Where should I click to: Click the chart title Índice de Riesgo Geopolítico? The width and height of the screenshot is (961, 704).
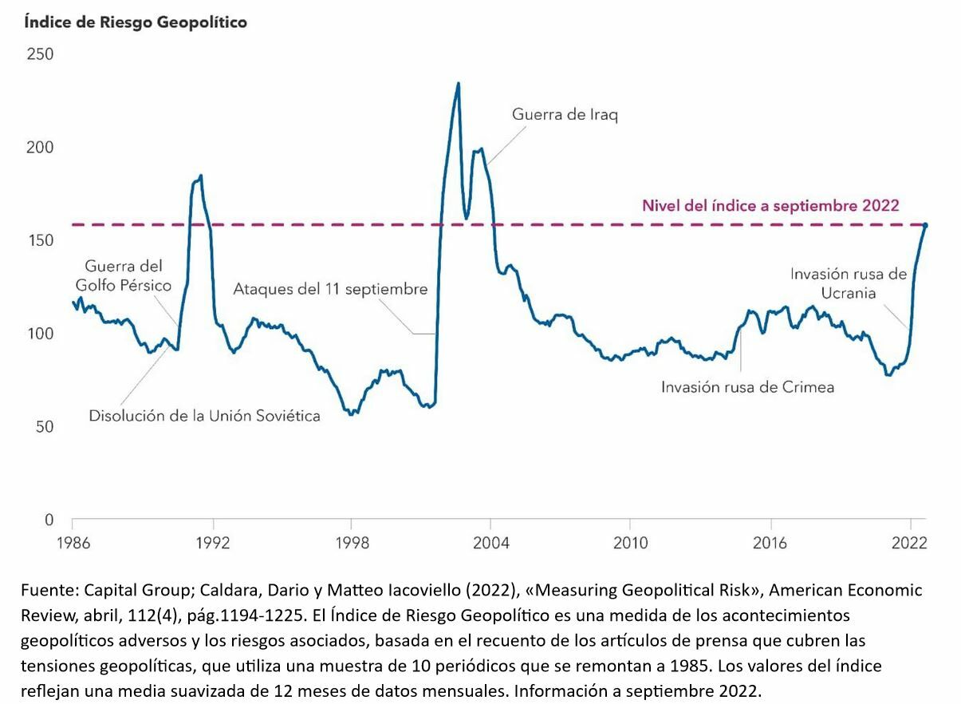point(136,22)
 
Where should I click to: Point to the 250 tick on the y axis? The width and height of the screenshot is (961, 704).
point(40,54)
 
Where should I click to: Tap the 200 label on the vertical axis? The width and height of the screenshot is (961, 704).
point(40,148)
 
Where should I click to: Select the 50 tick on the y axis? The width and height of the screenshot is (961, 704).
point(44,427)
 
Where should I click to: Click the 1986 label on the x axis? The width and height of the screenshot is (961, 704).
point(73,544)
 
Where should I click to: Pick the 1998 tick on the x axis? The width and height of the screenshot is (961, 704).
point(351,544)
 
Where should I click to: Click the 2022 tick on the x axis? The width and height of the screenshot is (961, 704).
point(908,544)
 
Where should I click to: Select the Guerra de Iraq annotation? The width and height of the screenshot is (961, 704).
point(565,114)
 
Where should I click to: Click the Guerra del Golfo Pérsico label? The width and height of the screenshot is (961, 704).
point(123,275)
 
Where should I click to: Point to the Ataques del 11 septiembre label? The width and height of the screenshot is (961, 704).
point(330,289)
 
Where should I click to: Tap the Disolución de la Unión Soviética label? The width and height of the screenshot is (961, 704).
point(204,416)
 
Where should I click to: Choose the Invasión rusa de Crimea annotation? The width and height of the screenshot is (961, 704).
point(747,387)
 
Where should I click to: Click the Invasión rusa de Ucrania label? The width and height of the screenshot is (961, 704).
point(848,283)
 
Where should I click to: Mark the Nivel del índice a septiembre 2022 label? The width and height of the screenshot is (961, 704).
point(770,205)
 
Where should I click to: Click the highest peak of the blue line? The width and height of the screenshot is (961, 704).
point(458,83)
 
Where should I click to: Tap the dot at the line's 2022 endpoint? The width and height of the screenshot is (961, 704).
point(925,225)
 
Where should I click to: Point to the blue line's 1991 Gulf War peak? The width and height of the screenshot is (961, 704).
point(200,176)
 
